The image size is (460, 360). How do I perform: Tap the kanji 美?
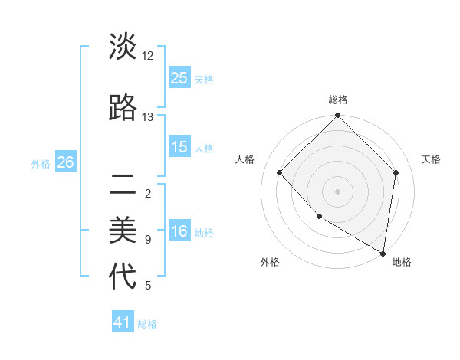click(123, 229)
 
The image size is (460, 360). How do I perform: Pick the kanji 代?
click(123, 276)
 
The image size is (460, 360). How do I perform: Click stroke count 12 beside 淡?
click(148, 56)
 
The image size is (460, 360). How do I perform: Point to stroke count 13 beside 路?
click(148, 117)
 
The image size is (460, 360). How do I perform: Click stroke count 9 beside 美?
click(148, 240)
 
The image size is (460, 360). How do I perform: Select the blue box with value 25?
click(179, 78)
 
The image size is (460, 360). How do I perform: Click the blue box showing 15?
click(179, 147)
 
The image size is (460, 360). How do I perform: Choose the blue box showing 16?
click(179, 232)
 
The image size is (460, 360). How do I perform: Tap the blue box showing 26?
click(66, 162)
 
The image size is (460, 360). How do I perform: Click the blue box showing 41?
click(123, 323)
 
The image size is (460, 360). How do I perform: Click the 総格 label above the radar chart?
click(337, 100)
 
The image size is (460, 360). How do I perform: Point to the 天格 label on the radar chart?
click(431, 159)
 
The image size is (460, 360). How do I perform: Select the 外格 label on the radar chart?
click(270, 262)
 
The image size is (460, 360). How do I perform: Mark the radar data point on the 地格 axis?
click(383, 254)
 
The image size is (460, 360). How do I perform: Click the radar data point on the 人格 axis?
click(280, 172)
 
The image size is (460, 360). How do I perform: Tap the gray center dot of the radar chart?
click(337, 191)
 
